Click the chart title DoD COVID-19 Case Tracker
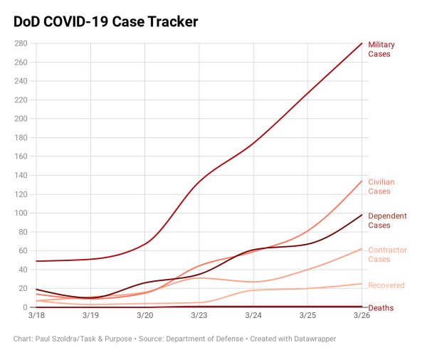tap(105, 22)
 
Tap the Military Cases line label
tap(381, 49)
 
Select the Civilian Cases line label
tap(381, 186)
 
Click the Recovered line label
tap(386, 285)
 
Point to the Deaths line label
tap(380, 308)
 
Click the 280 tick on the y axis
tap(20, 43)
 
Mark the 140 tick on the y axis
tap(20, 175)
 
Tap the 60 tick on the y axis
tap(22, 250)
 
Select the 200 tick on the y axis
tap(20, 119)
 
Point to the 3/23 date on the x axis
tap(199, 314)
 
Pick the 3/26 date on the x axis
tap(362, 314)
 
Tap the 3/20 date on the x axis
tap(144, 314)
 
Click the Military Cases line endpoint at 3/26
tap(362, 43)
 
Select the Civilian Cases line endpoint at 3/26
tap(362, 181)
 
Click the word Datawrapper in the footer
tap(311, 339)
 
